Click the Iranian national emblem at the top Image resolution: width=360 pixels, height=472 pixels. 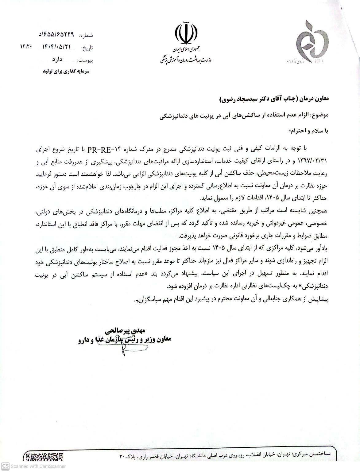pos(186,33)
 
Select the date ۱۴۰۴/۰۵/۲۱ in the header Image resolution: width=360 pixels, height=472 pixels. pos(56,47)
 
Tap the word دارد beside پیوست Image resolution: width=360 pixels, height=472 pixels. pos(57,59)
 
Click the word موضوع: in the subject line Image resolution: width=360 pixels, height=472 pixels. pos(320,116)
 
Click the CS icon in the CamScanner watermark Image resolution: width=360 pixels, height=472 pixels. pos(6,466)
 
